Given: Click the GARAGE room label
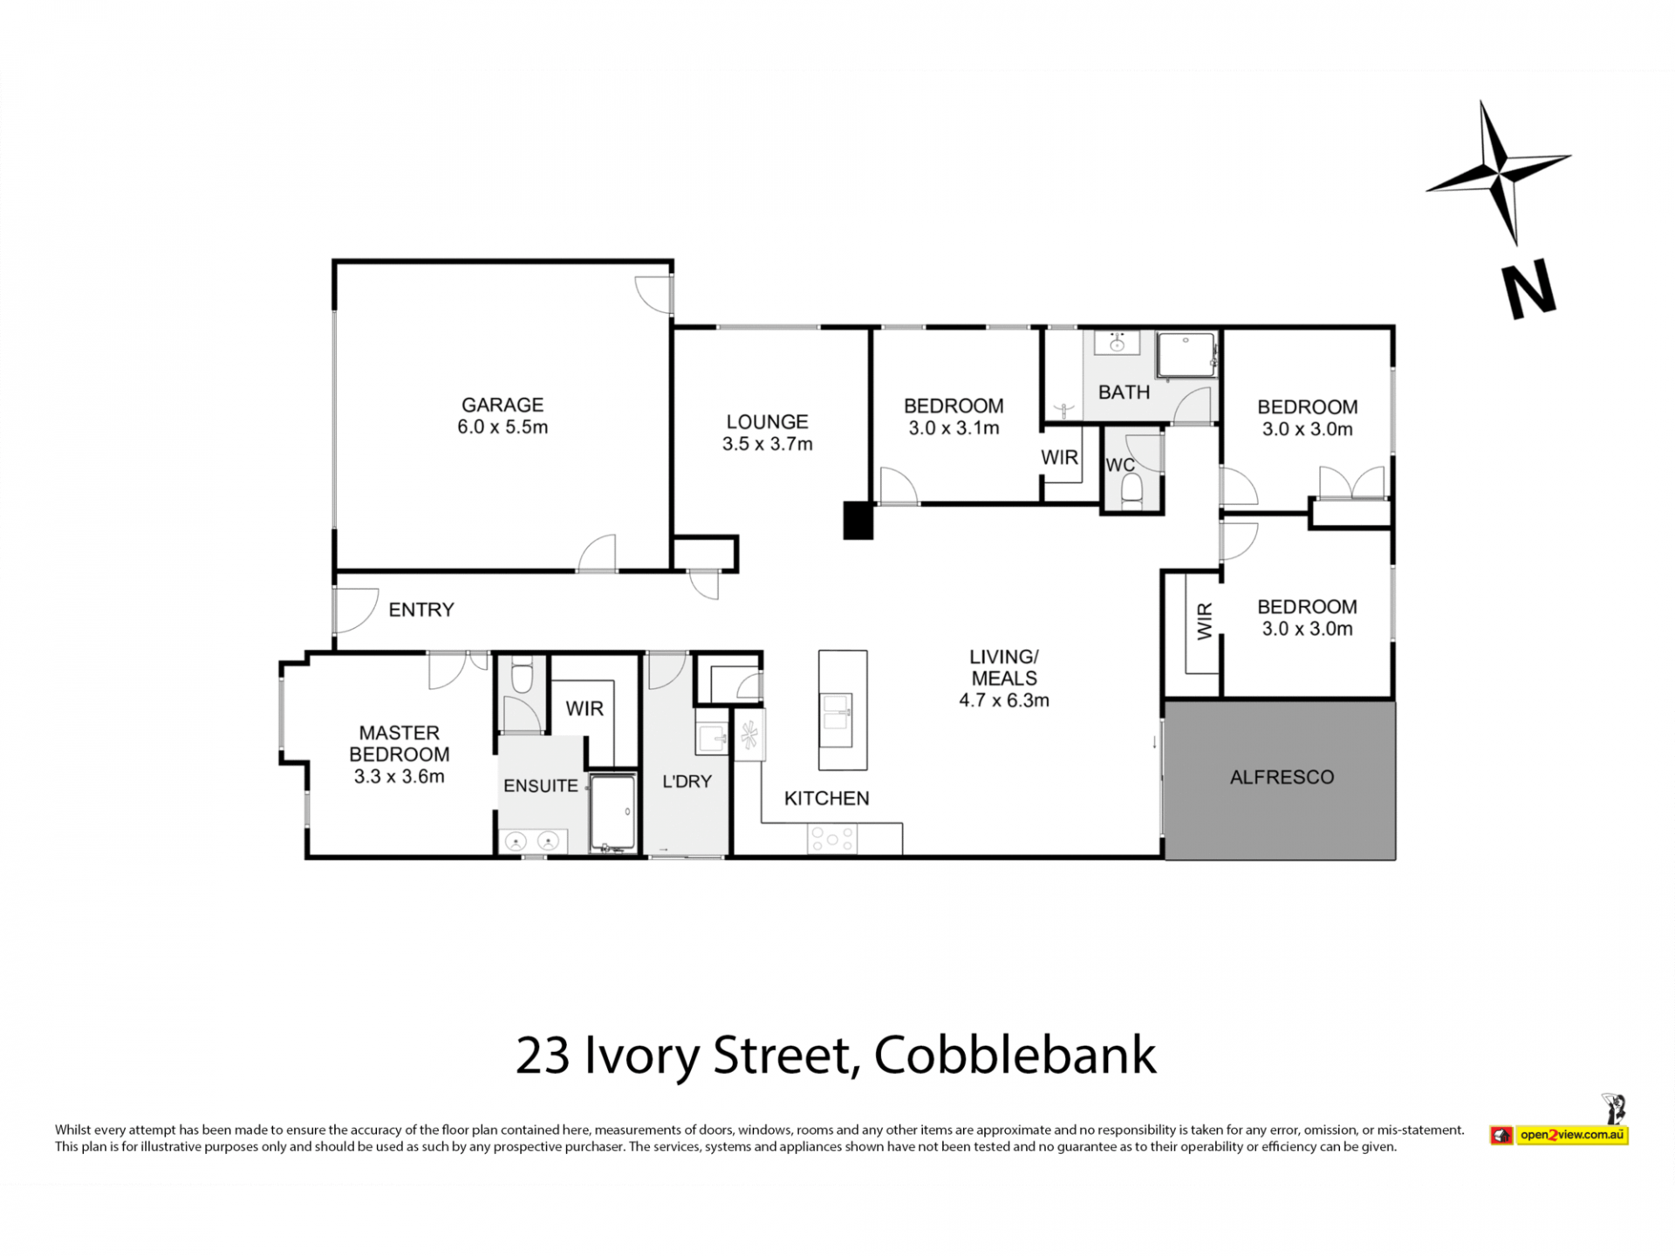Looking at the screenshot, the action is click(502, 405).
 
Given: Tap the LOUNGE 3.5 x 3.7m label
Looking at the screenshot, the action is click(768, 433).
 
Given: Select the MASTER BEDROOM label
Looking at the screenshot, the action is click(400, 743).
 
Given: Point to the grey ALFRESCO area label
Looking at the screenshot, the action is click(1282, 777).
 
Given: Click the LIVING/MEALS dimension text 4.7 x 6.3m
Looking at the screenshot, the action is click(1004, 700).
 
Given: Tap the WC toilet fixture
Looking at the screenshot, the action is click(1131, 491).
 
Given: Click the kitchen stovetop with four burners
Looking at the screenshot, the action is click(831, 839).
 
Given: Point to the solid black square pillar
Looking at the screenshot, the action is click(858, 521).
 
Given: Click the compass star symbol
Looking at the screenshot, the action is click(1498, 172).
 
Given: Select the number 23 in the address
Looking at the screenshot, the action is click(543, 1055).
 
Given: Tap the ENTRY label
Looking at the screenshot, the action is click(421, 610).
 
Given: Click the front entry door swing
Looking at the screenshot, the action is click(356, 610).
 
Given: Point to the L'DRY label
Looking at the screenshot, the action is click(687, 782).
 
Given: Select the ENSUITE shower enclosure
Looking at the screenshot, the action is click(613, 813).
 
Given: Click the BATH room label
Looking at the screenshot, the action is click(1124, 392).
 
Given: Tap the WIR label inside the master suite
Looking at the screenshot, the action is click(585, 708).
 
